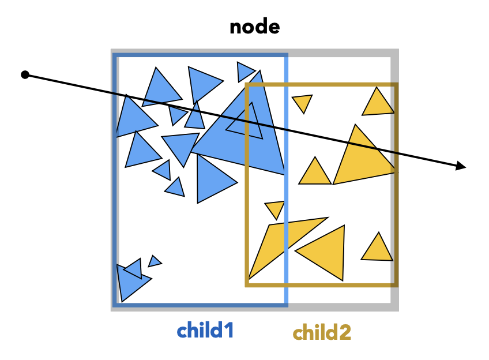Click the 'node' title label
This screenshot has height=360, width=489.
click(x=255, y=27)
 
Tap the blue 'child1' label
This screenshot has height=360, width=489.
click(x=205, y=331)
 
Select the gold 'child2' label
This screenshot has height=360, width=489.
click(x=322, y=332)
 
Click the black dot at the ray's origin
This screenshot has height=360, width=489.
click(x=25, y=74)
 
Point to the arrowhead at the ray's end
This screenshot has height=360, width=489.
click(x=461, y=167)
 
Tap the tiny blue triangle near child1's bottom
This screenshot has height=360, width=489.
click(x=154, y=261)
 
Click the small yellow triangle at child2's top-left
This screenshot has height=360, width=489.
click(x=302, y=102)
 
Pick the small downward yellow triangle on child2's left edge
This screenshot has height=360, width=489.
click(x=275, y=208)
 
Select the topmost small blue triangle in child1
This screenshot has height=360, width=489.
click(x=245, y=72)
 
